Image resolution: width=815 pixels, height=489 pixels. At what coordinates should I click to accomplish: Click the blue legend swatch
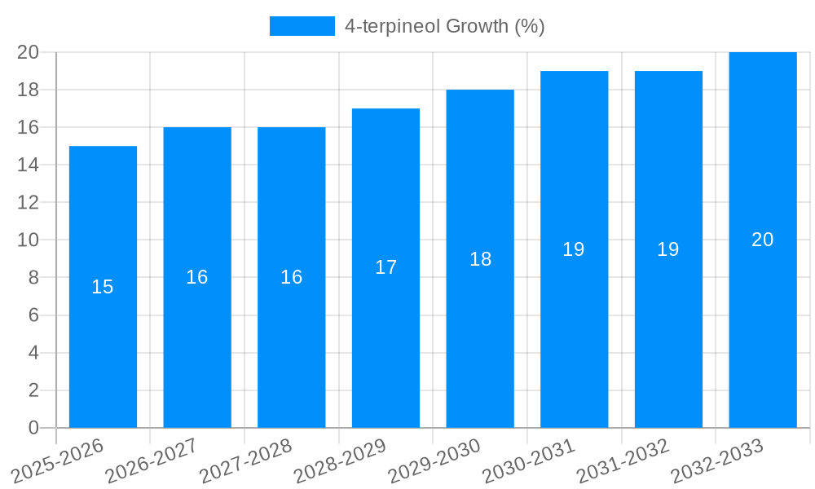[x=302, y=26]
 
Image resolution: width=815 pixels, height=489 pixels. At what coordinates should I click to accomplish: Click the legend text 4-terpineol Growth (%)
[x=444, y=26]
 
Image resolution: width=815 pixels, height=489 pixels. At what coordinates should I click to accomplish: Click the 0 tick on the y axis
[x=33, y=428]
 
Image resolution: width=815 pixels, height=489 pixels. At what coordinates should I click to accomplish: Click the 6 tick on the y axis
[x=33, y=315]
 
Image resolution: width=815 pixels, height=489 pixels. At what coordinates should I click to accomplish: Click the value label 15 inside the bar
[x=103, y=287]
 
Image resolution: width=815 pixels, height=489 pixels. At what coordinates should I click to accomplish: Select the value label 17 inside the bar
[x=385, y=267]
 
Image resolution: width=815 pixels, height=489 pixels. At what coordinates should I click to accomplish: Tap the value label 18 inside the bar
[x=480, y=259]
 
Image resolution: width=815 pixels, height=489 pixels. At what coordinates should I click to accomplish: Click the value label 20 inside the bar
[x=763, y=240]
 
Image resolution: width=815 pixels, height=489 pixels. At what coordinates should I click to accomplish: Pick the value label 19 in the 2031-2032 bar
[x=668, y=249]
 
